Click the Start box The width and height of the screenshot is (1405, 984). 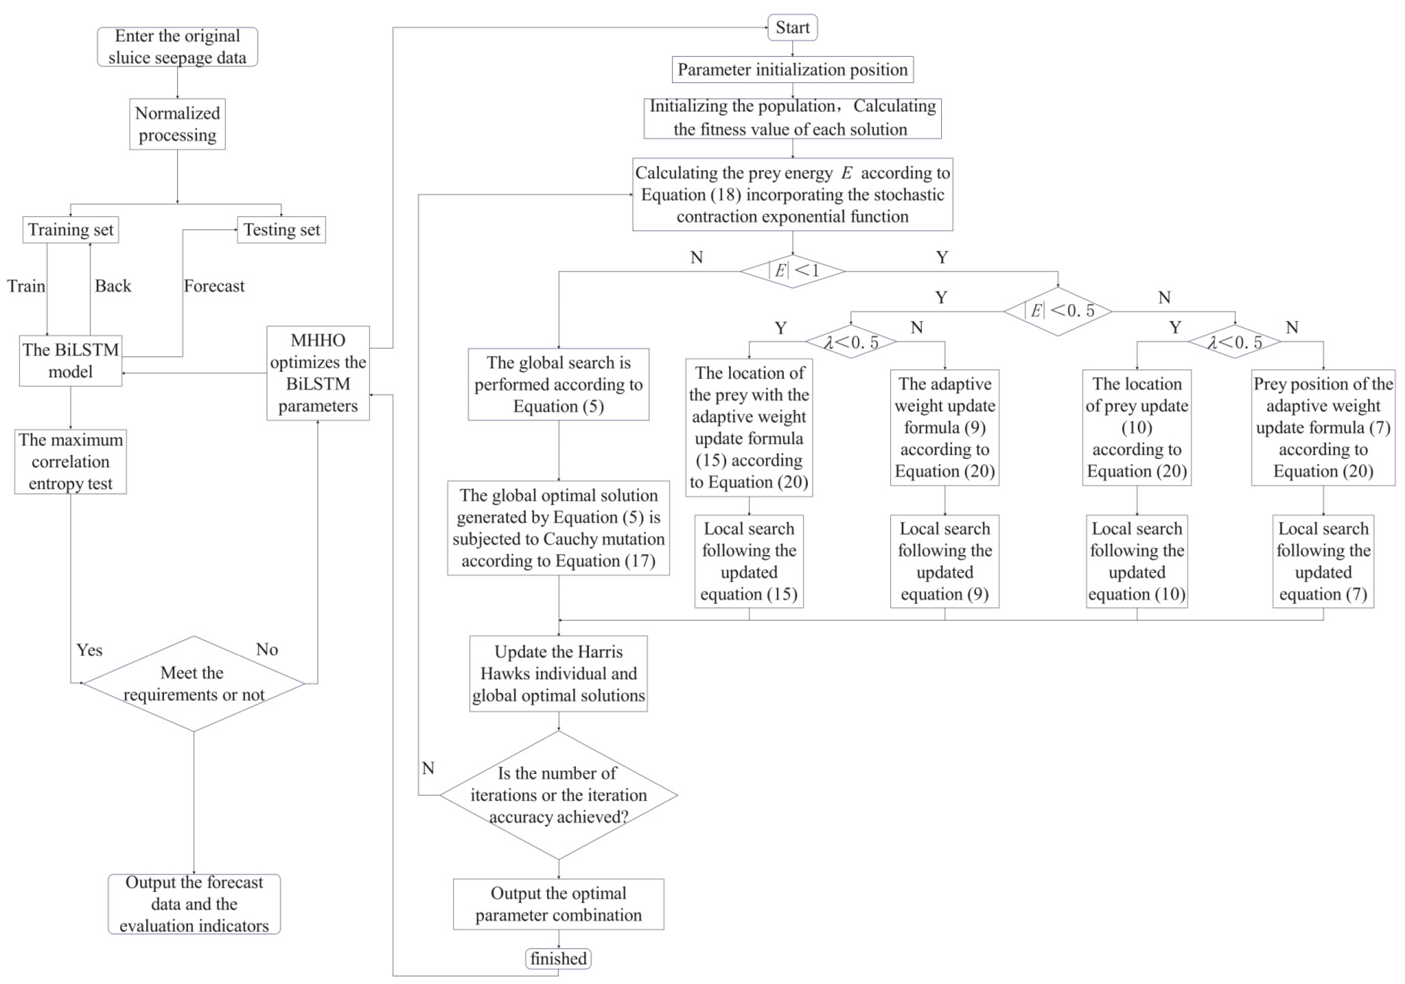(792, 27)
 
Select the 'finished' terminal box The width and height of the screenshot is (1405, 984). (558, 958)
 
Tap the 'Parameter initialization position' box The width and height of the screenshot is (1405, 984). (792, 69)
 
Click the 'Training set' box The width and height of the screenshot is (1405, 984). (70, 230)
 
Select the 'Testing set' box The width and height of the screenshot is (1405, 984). (282, 230)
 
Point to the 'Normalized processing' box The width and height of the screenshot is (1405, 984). (177, 124)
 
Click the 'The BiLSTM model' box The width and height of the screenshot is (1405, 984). (70, 361)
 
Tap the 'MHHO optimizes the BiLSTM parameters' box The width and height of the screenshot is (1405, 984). (318, 373)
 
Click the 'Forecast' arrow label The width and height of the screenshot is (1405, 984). (214, 286)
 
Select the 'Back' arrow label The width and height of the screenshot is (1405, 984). (113, 286)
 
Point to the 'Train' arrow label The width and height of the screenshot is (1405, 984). (26, 286)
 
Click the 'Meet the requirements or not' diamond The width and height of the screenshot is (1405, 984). (194, 684)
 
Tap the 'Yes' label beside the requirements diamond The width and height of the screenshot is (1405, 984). (89, 650)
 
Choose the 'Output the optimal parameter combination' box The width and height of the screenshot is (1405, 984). (558, 904)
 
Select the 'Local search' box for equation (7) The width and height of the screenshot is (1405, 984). (1323, 561)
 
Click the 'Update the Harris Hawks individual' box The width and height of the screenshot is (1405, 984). (558, 673)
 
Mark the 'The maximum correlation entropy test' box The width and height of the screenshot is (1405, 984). (70, 462)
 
